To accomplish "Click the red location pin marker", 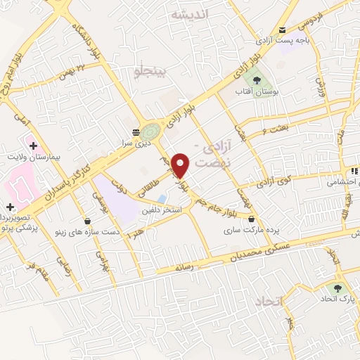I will [x=181, y=165].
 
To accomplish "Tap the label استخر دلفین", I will [x=162, y=210].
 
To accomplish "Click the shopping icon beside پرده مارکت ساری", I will [x=251, y=218].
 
